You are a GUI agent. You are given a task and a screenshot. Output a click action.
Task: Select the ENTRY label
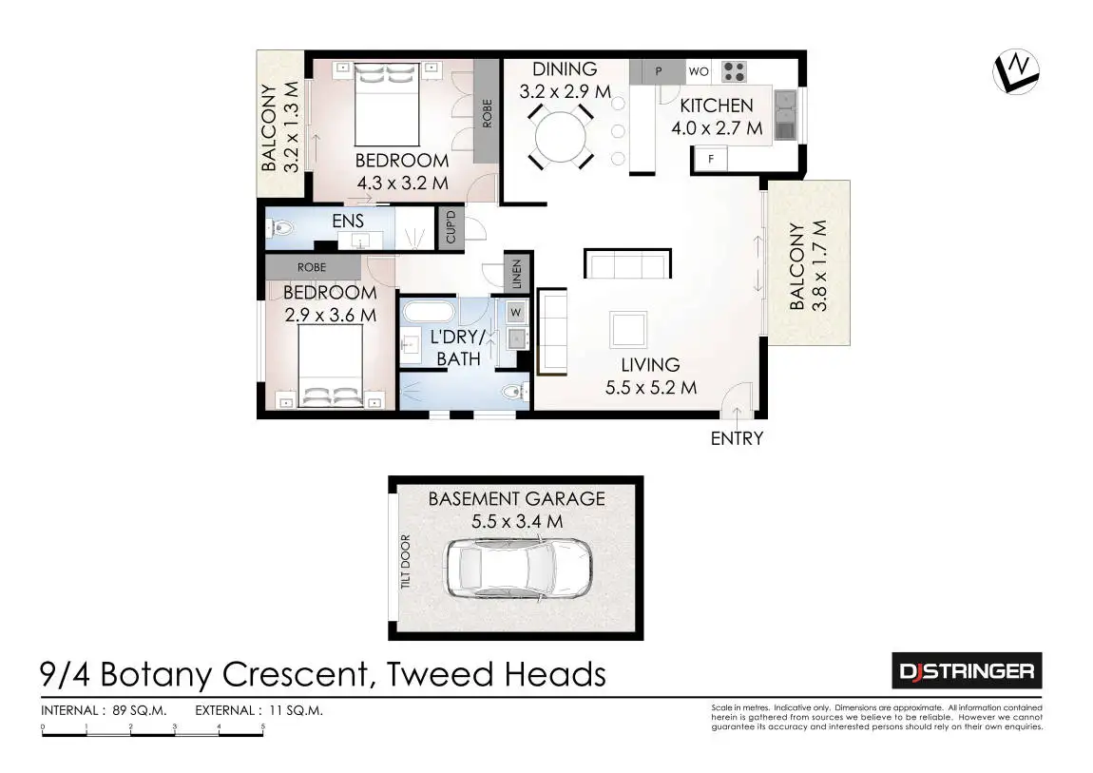click(737, 438)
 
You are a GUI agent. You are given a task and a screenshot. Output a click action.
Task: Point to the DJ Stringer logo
click(966, 671)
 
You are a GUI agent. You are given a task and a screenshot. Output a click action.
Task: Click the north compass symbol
click(1015, 71)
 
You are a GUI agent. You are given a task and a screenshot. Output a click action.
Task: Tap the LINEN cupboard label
click(517, 274)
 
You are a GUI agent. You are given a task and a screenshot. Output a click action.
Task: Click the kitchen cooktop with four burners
click(733, 71)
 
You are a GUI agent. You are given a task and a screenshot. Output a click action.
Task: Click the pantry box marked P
click(658, 71)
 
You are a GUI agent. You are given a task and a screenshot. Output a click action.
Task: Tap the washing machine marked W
click(515, 311)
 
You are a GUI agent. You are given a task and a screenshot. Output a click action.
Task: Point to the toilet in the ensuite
click(278, 228)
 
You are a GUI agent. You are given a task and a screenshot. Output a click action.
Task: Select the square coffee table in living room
click(629, 330)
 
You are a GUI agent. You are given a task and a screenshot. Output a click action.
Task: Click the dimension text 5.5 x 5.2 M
click(651, 387)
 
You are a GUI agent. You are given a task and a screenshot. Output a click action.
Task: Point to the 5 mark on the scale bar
click(263, 726)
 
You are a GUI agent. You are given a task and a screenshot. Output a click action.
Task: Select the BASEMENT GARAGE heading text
click(516, 498)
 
